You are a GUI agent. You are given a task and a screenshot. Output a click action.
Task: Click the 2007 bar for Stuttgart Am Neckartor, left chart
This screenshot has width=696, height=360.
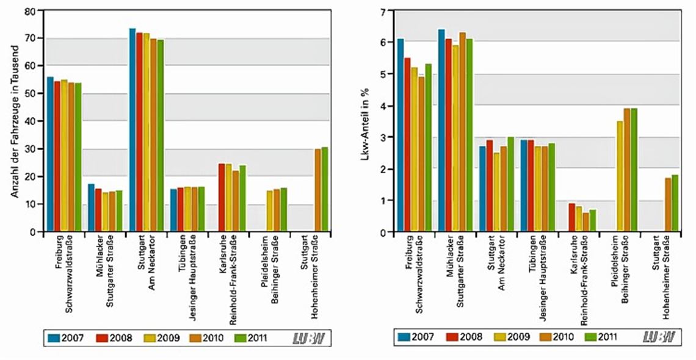click(132, 131)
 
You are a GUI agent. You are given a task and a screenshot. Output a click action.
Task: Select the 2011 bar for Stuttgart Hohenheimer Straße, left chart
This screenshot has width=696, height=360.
click(325, 190)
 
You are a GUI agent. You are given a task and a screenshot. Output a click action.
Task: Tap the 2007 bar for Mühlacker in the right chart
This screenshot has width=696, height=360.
click(441, 131)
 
